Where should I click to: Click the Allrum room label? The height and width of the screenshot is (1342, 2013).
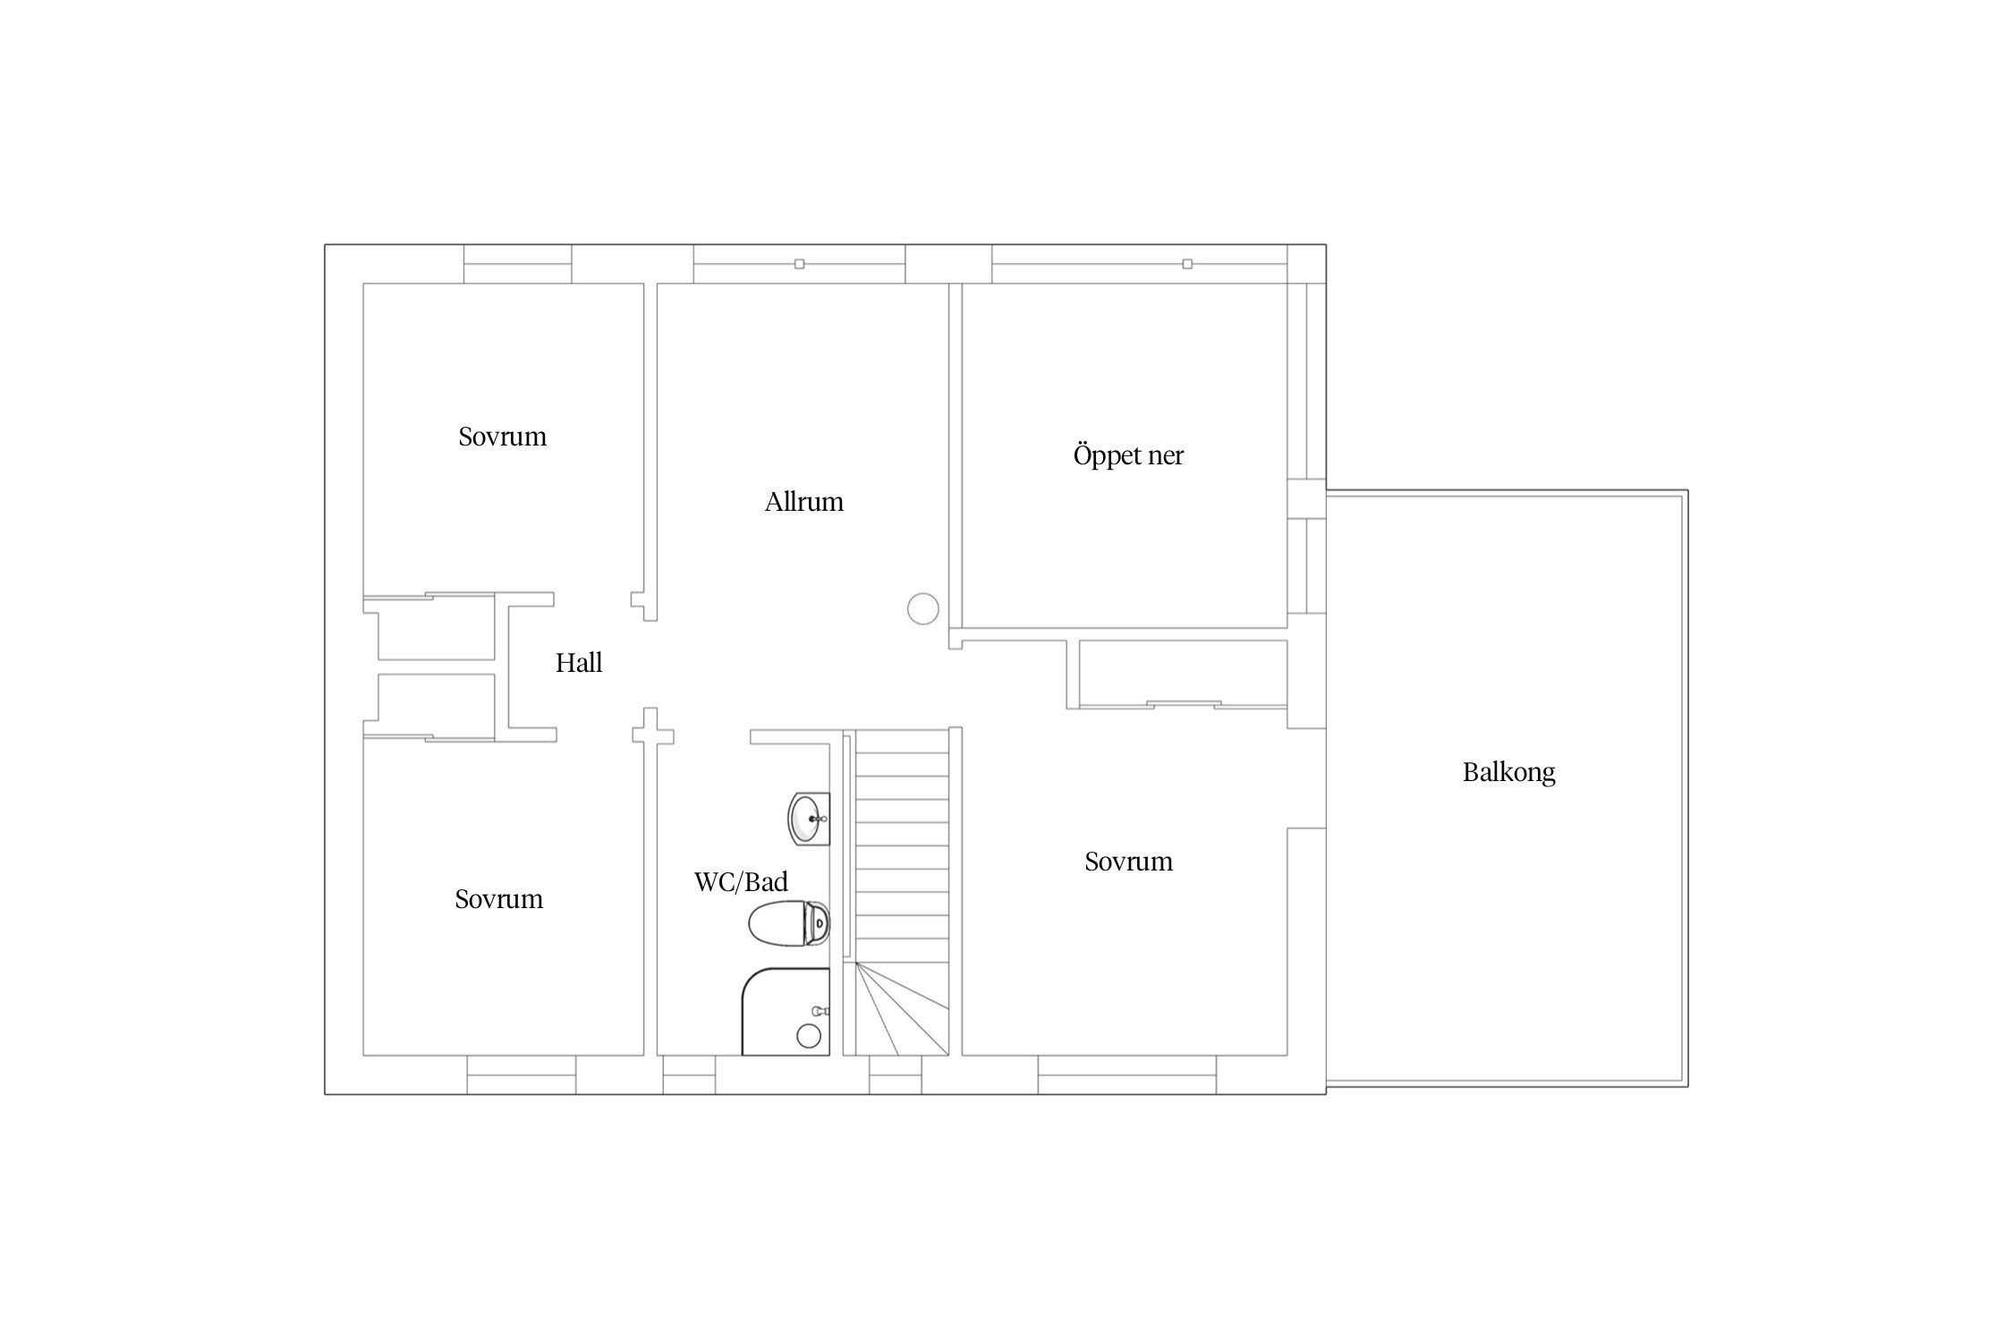(803, 501)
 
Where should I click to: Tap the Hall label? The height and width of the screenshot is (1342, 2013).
(579, 662)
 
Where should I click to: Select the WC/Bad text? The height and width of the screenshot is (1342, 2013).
(741, 881)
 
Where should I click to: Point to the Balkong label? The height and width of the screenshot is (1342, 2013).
(1508, 772)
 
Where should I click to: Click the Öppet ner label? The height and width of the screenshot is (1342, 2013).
(1128, 455)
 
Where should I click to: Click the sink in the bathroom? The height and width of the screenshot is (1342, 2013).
(809, 818)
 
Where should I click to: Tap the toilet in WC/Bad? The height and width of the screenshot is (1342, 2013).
(789, 922)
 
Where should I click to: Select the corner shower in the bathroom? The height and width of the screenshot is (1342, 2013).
(786, 1011)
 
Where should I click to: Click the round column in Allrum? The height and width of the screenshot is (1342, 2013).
(922, 608)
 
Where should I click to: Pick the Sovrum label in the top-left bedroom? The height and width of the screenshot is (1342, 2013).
(502, 436)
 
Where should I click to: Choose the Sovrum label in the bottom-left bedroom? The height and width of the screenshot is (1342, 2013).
(498, 898)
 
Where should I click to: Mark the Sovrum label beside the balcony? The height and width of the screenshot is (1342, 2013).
(1128, 861)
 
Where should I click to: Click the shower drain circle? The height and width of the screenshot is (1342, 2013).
(809, 1036)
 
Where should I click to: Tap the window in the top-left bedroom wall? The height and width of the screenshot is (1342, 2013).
(517, 264)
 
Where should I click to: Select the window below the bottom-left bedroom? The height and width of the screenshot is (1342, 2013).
(522, 1074)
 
